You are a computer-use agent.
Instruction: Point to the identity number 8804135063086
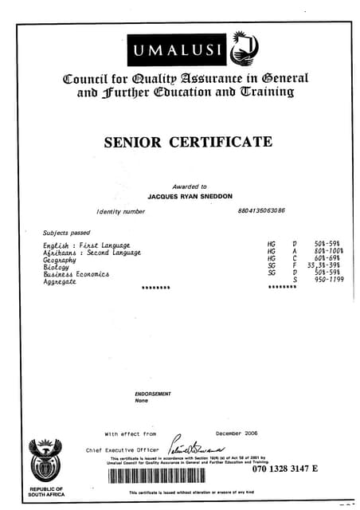[261, 211]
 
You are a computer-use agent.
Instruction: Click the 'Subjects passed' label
[67, 233]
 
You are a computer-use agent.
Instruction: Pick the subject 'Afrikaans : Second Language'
[92, 252]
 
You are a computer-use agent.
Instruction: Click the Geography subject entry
[60, 260]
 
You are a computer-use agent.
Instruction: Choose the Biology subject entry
[56, 267]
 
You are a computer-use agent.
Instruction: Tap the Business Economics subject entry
[76, 274]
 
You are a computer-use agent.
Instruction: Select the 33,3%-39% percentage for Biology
[326, 266]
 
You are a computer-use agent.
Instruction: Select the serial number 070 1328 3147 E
[285, 469]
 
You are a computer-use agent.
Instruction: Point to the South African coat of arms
[44, 460]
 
